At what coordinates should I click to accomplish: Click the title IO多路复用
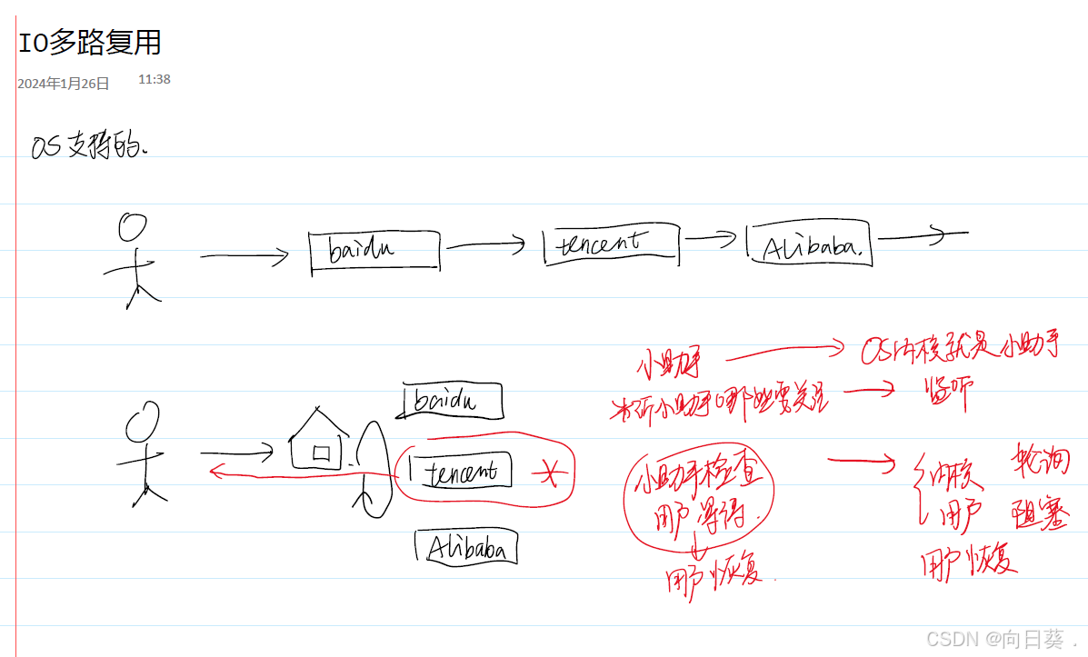coord(89,43)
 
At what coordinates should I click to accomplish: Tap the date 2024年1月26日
coord(63,84)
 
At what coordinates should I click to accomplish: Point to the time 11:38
coord(155,80)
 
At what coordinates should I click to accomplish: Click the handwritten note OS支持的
coord(89,147)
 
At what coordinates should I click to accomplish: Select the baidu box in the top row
coord(374,250)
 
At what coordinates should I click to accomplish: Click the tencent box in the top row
coord(610,244)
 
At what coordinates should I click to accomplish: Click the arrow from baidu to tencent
coord(487,244)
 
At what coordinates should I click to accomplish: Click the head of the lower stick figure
coord(139,422)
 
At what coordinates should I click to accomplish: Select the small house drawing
coord(318,440)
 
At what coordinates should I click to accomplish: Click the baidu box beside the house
coord(451,401)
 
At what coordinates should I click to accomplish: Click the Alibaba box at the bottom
coord(467,548)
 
